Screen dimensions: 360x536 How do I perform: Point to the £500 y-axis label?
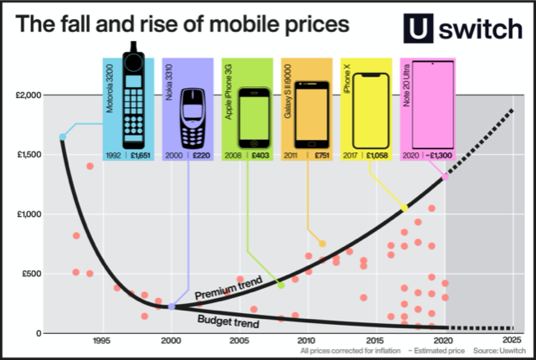(x=28, y=273)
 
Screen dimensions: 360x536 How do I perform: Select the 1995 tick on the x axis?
(x=100, y=342)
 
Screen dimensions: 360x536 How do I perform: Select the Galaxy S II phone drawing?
(x=308, y=116)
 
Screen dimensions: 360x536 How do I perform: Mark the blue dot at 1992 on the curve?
(x=63, y=136)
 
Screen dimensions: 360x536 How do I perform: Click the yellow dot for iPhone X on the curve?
(x=405, y=208)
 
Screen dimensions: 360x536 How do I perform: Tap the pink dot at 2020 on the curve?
(x=446, y=177)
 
